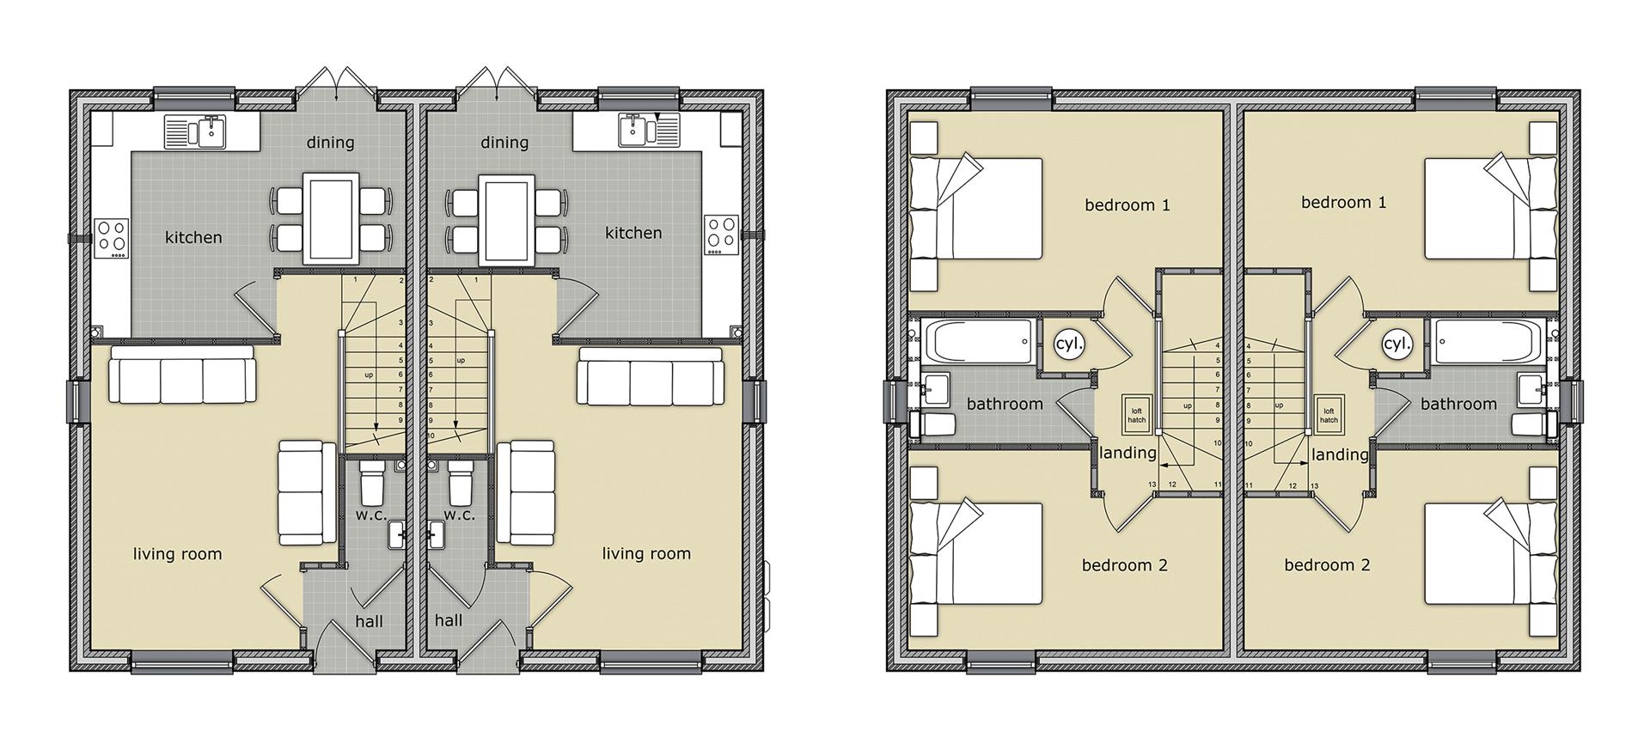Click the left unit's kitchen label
pyautogui.click(x=193, y=237)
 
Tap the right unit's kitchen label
pyautogui.click(x=633, y=233)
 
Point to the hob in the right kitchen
pyautogui.click(x=722, y=235)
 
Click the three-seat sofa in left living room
pyautogui.click(x=182, y=375)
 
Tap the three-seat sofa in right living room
pyautogui.click(x=651, y=375)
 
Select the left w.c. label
pyautogui.click(x=372, y=515)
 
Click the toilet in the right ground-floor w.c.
pyautogui.click(x=460, y=482)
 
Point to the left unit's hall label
pyautogui.click(x=370, y=621)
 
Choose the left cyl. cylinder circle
pyautogui.click(x=1070, y=344)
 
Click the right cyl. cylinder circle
pyautogui.click(x=1397, y=344)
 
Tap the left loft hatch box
pyautogui.click(x=1136, y=414)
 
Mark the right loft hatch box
pyautogui.click(x=1329, y=414)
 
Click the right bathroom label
pyautogui.click(x=1458, y=404)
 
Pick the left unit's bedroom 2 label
pyautogui.click(x=1125, y=565)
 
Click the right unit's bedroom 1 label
pyautogui.click(x=1344, y=203)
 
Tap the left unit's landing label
pyautogui.click(x=1127, y=453)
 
